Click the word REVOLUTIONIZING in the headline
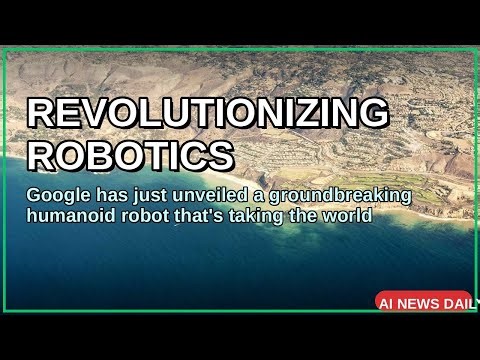[x=207, y=112]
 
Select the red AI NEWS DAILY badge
[x=424, y=301]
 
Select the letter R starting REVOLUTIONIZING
[x=41, y=112]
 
